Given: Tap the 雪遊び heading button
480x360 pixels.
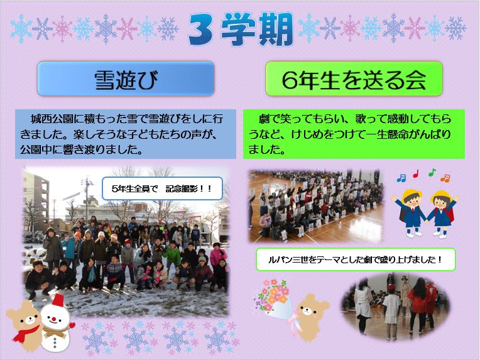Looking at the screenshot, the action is click(126, 79).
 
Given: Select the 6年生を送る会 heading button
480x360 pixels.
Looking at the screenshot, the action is click(354, 79).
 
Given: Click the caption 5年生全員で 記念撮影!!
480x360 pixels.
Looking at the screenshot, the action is click(162, 188).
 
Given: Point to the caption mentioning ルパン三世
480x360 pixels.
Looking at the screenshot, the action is click(356, 259).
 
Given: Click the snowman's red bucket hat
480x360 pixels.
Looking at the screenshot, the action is click(58, 300).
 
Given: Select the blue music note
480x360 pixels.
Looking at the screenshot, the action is click(401, 178).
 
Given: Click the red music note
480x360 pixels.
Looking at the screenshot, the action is click(416, 173).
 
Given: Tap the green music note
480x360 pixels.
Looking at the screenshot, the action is click(432, 172).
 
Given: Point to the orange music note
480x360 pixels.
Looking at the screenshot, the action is click(445, 178).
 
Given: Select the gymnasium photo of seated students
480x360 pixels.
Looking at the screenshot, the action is click(316, 205).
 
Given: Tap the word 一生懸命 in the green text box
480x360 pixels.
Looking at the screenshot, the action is click(396, 134).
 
